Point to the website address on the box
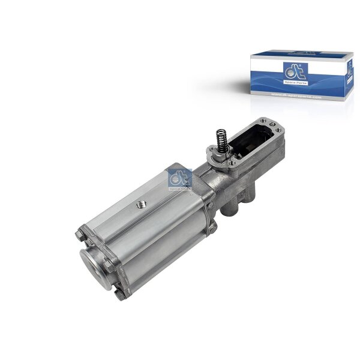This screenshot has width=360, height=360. [x=296, y=94]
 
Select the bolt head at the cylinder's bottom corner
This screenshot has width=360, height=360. [x=121, y=293]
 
